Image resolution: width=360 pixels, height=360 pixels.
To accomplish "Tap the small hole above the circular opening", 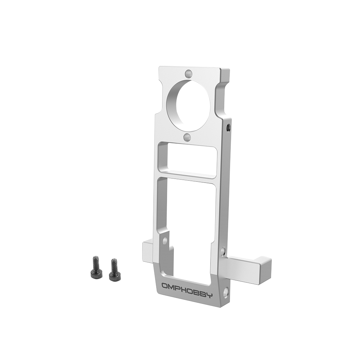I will click(188, 74).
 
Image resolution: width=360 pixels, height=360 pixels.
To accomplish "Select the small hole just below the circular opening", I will click(187, 137).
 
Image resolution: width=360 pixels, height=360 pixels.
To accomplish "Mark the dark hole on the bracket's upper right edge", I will click(228, 127).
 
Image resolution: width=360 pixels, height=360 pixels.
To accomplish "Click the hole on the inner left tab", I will click(165, 240).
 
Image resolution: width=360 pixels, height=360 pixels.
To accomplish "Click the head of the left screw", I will click(96, 274).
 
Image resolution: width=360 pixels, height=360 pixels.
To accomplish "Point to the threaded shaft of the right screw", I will click(114, 265).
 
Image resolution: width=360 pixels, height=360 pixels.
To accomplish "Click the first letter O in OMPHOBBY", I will click(165, 286).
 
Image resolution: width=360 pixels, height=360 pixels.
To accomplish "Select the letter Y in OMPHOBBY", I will click(210, 296).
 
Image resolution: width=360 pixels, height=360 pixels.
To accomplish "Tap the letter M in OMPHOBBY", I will click(172, 288).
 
